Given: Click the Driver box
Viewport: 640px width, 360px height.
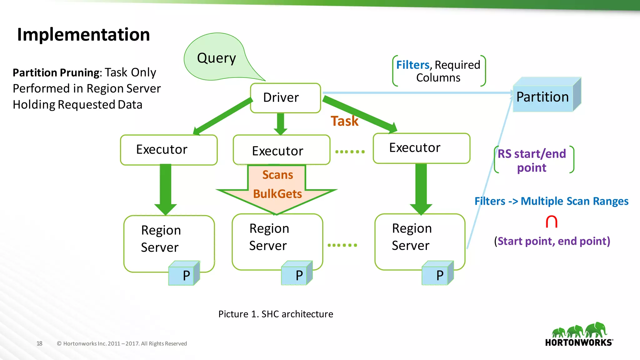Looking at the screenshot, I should pos(285,98).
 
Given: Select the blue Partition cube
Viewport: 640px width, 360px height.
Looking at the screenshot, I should pos(543,97).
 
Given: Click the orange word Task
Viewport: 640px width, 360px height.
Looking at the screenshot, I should pos(345,121).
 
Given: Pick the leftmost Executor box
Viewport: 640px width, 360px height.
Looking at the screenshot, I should pos(169,150).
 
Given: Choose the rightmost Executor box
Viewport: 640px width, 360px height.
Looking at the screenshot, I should pos(421,148).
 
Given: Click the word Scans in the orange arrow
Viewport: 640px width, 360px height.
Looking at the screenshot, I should pos(277,175).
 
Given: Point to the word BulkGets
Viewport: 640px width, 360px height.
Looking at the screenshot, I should pos(277,194).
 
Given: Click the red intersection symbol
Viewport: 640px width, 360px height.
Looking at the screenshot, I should pos(551,222).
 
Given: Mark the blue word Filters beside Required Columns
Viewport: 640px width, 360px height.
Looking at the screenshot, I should pos(413,65).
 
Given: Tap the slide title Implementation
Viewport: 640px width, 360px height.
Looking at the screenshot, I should pos(83,34).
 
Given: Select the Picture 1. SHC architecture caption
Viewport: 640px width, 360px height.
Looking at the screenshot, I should pos(276,314).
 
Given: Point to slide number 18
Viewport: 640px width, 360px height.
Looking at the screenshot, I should pos(39,343).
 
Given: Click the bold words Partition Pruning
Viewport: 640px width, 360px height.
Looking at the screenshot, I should pos(56,73).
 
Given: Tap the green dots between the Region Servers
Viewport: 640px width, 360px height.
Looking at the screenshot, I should pos(342,245).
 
